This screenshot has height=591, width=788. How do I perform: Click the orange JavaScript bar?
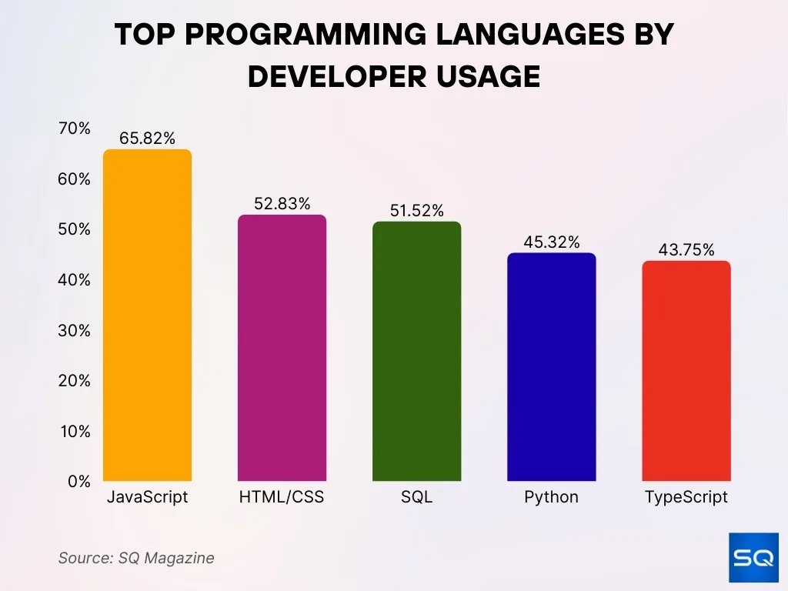coord(147,316)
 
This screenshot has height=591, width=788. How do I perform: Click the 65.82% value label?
coord(147,139)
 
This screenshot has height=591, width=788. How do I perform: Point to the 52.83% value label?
coord(282,204)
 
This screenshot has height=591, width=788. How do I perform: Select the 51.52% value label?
coord(416,211)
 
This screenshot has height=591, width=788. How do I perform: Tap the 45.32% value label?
coord(551,242)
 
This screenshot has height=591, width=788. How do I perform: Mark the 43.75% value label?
coord(686,250)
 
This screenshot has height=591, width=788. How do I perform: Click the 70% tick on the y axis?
coord(75,129)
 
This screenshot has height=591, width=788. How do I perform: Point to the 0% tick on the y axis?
coord(78,482)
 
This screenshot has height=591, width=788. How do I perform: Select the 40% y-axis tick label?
coord(75,280)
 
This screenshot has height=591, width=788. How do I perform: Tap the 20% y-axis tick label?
coord(75,381)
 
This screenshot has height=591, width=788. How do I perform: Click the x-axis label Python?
coord(551,497)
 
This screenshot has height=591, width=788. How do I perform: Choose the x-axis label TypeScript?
coord(686,497)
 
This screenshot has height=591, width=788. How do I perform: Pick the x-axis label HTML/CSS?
coord(282,497)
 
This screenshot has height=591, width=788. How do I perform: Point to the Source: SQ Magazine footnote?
coord(136,558)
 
